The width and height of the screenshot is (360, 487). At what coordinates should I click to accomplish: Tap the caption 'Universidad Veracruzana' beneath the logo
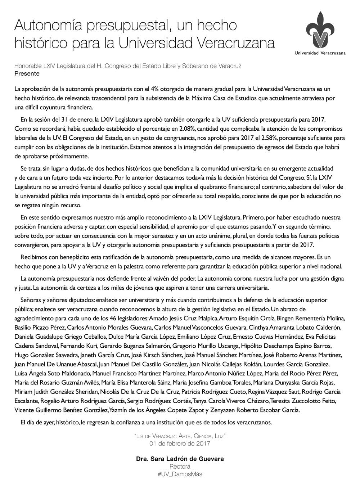click(x=320, y=53)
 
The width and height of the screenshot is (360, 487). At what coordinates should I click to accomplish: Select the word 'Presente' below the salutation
click(x=27, y=73)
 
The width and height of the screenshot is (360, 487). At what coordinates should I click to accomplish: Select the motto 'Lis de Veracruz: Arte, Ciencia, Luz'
click(x=180, y=436)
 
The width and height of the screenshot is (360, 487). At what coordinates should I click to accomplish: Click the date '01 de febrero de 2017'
click(x=180, y=443)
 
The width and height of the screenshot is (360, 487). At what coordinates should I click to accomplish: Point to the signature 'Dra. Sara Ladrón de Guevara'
click(x=180, y=459)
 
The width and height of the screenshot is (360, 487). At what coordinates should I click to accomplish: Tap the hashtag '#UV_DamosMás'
click(x=180, y=474)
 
